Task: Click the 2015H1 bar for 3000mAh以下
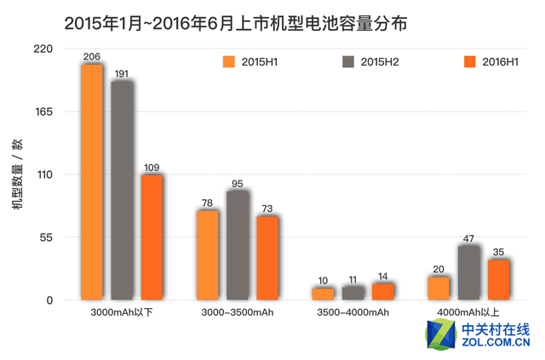92,181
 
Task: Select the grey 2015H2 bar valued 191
122,190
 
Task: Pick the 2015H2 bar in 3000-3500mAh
238,244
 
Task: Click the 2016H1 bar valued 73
267,257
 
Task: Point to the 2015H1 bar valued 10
323,294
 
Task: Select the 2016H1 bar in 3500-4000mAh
383,291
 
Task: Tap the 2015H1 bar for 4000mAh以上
439,288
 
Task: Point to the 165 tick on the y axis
43,111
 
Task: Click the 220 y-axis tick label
43,49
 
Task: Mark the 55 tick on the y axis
45,237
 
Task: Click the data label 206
92,57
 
